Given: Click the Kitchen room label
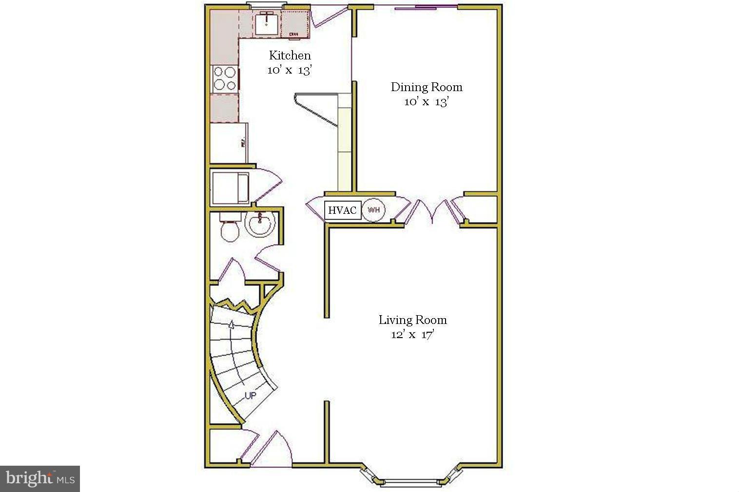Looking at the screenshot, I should [290, 55].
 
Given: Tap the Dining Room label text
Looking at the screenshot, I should [427, 87].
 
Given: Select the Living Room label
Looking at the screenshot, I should [412, 320].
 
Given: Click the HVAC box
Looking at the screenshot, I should [343, 210].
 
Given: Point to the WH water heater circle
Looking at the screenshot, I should [374, 210].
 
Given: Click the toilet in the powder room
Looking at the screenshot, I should [229, 229].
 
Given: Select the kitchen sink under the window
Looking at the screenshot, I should [266, 23].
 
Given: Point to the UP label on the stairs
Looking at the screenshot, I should [250, 395].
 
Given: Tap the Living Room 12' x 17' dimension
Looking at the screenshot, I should [412, 335].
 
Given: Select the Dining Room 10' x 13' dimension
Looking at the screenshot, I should [427, 102].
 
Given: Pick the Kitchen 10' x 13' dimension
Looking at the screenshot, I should [290, 70].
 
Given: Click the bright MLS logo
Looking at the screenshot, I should [40, 478].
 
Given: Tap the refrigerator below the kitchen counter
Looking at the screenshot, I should [228, 143].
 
